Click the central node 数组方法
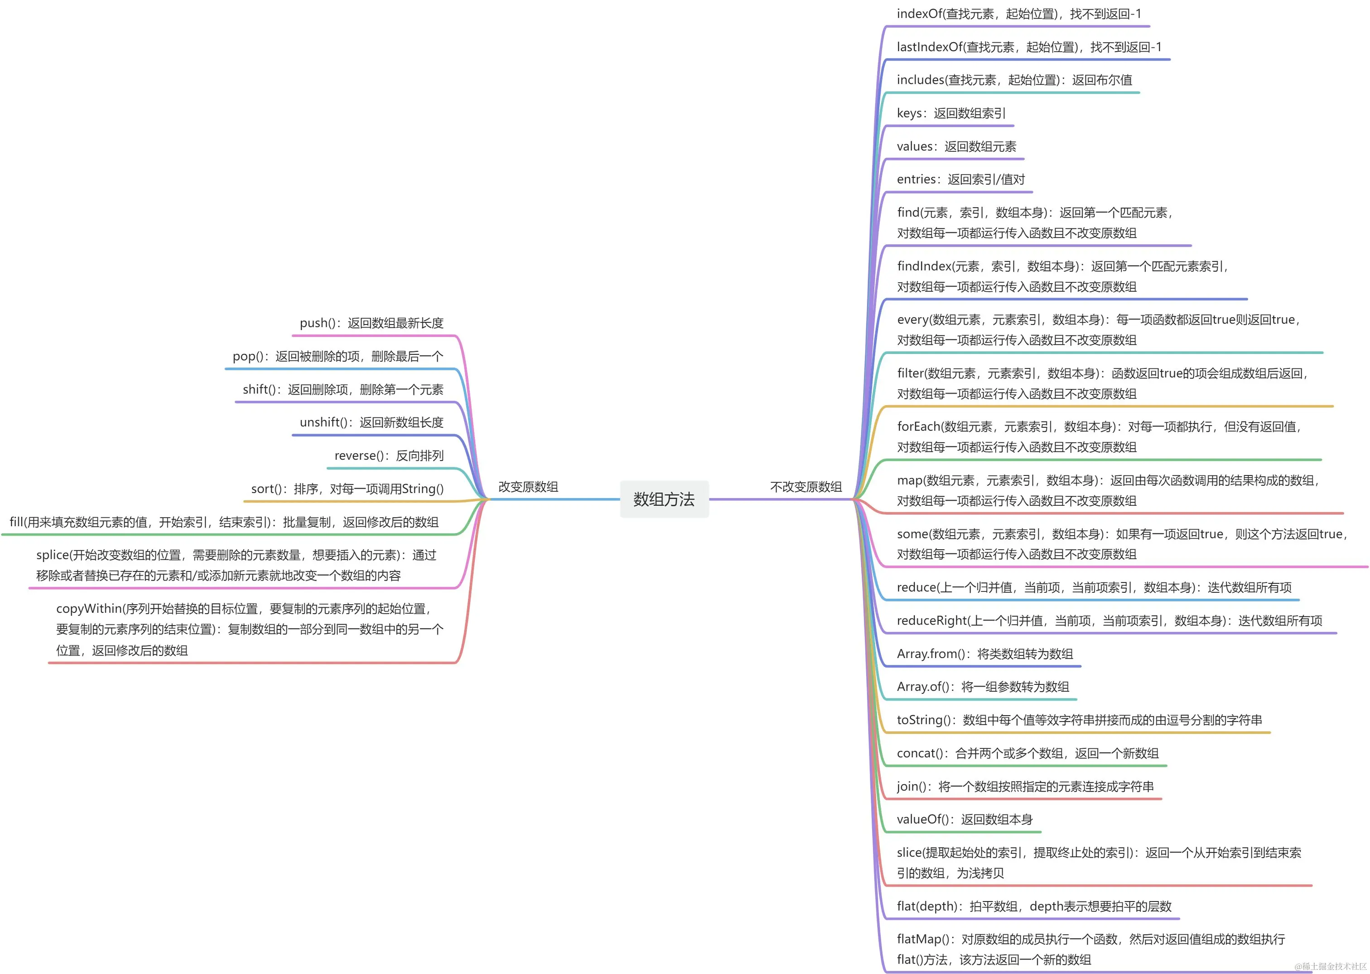[664, 499]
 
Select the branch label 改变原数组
[528, 487]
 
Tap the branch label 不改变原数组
[806, 487]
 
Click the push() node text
[371, 323]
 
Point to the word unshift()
[323, 423]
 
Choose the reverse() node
[389, 456]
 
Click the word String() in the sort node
[423, 489]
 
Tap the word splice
[52, 555]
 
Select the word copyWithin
[89, 609]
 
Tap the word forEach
[918, 426]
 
